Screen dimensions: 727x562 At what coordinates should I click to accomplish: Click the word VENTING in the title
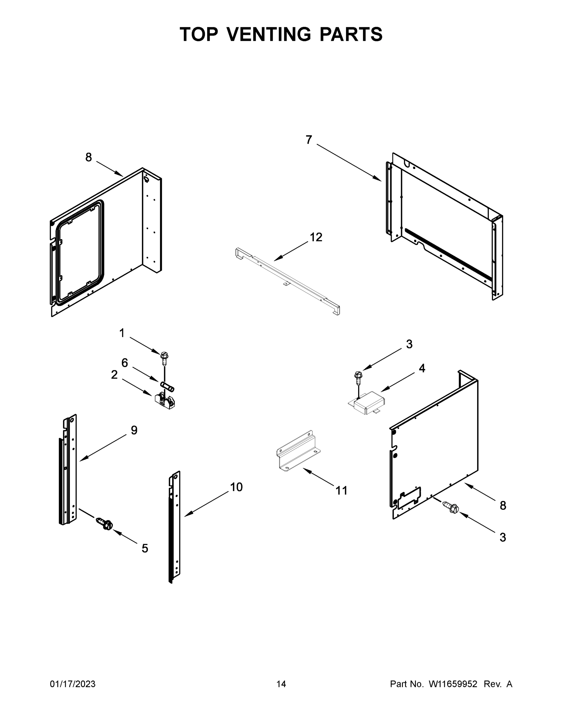click(269, 34)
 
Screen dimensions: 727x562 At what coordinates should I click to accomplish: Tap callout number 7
click(309, 140)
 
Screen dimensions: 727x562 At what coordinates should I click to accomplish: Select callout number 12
click(316, 237)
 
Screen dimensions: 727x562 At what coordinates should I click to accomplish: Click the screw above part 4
click(358, 377)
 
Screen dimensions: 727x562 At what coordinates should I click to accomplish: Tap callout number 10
click(236, 487)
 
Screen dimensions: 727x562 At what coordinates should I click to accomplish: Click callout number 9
click(134, 430)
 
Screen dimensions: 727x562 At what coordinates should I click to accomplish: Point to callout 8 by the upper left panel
click(88, 157)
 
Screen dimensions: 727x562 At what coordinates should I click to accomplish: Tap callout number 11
click(341, 490)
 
